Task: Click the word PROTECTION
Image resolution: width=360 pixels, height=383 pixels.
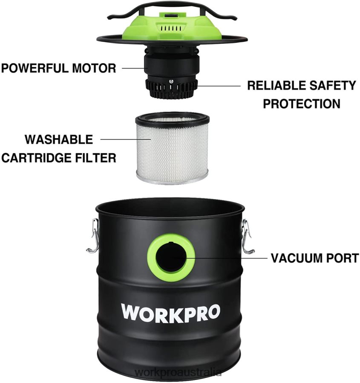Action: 301,104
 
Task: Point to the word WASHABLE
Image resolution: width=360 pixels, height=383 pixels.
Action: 58,139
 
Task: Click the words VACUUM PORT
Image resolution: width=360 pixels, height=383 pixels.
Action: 314,258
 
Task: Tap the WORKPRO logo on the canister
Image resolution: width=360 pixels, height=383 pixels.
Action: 170,313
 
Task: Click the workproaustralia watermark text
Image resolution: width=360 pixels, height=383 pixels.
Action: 178,372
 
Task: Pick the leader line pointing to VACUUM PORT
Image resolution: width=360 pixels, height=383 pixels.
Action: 230,258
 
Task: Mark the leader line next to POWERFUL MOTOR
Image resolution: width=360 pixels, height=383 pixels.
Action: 132,67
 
